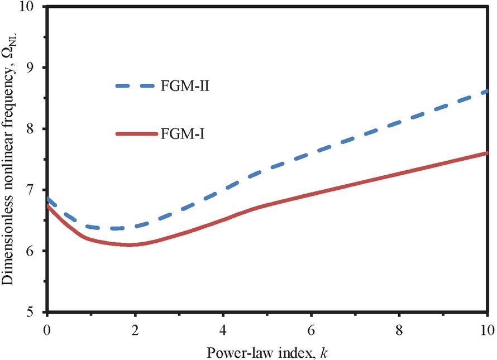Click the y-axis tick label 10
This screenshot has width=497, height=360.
(31, 7)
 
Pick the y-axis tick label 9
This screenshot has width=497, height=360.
(35, 68)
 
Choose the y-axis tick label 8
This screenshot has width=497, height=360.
(35, 129)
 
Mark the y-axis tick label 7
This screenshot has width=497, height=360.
(35, 190)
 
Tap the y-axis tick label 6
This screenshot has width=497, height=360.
(35, 251)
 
